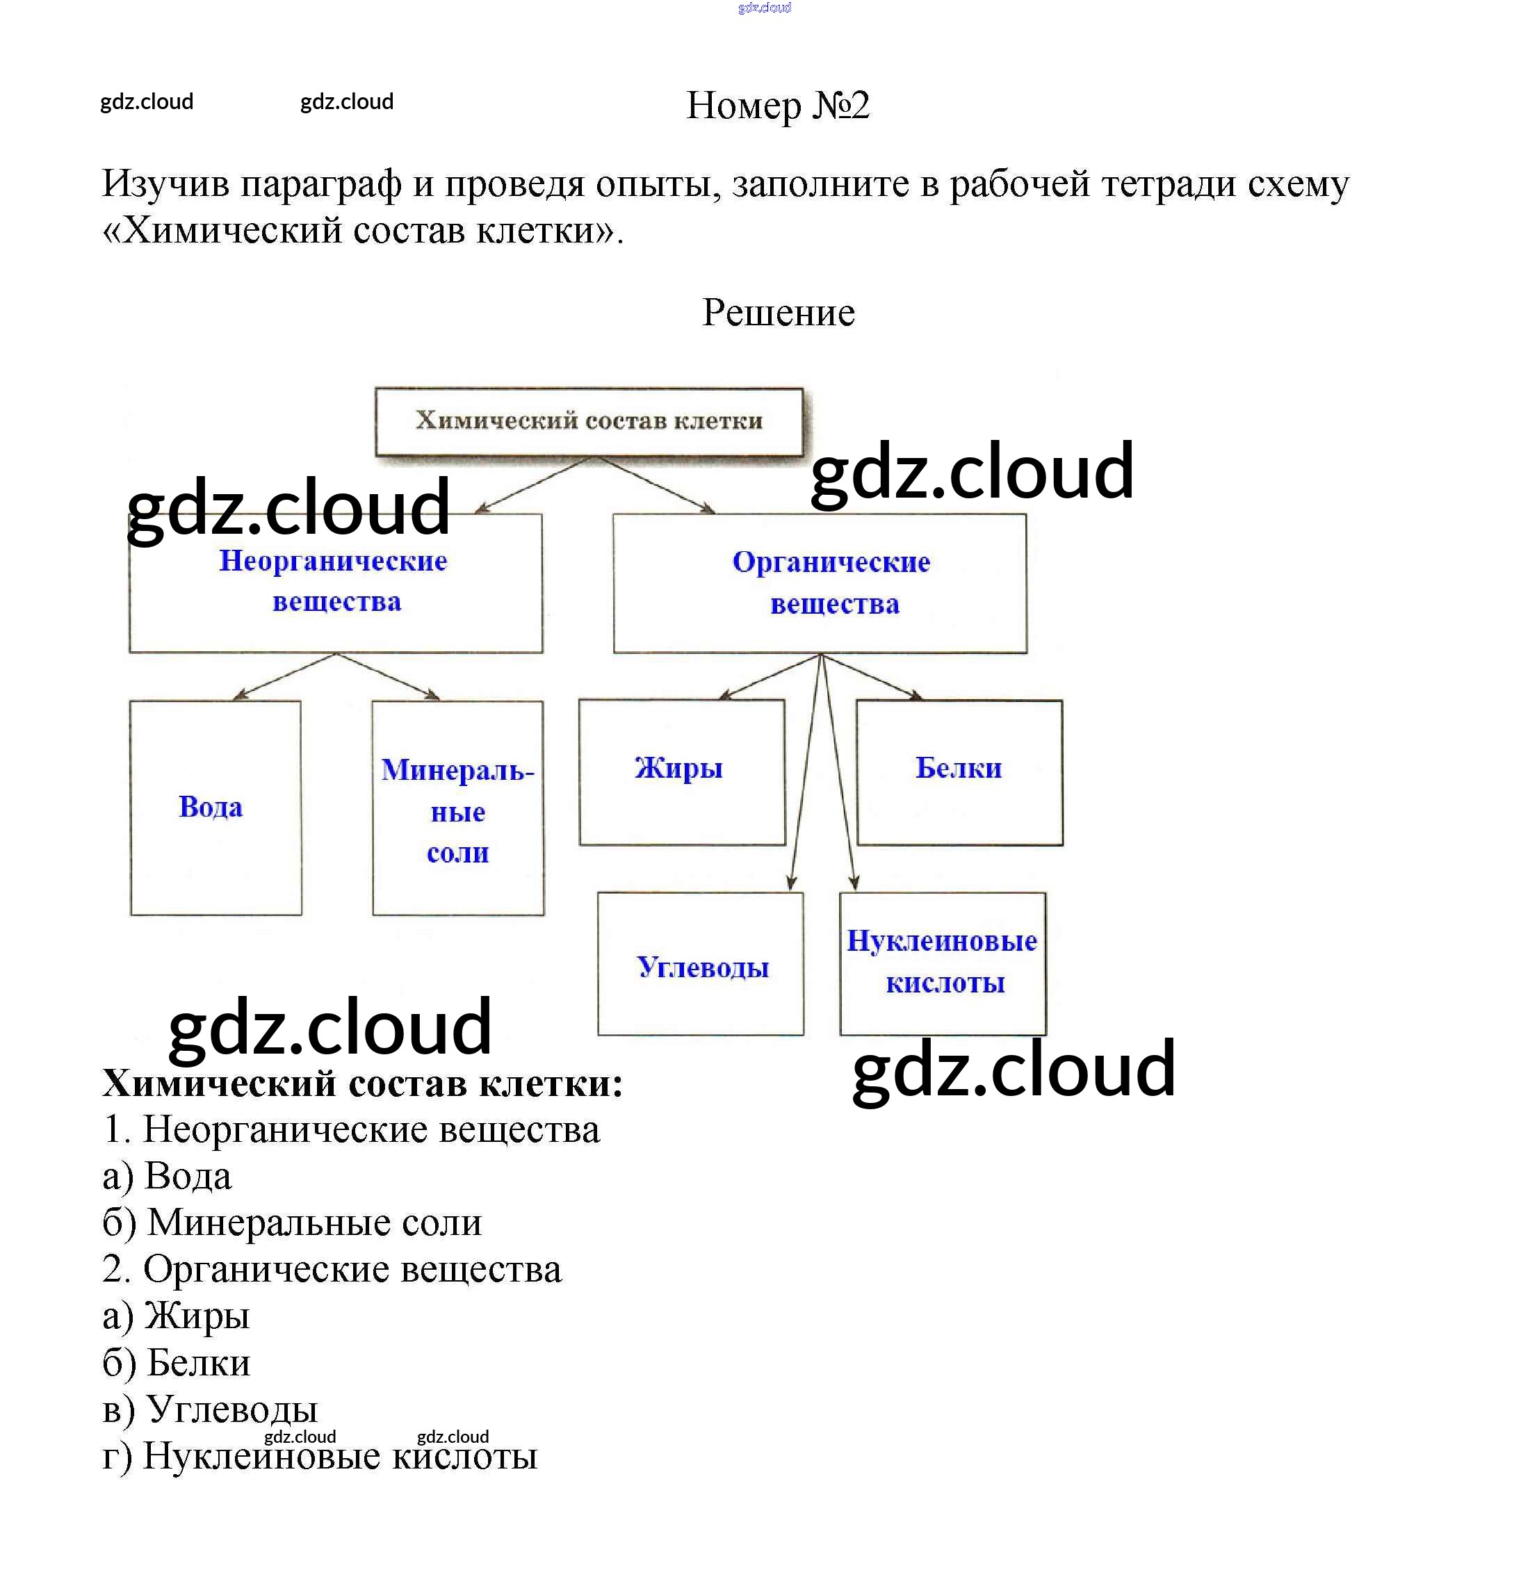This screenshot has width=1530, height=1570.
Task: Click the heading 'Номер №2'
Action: pos(777,105)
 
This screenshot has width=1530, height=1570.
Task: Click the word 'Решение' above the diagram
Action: pos(778,313)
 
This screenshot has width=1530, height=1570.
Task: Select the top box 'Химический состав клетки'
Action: pos(588,421)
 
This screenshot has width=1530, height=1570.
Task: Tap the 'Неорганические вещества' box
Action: pos(335,582)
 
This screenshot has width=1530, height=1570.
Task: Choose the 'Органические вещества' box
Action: pos(820,583)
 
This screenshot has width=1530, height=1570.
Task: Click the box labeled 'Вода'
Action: pos(215,807)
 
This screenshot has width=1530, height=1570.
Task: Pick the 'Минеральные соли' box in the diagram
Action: pos(457,808)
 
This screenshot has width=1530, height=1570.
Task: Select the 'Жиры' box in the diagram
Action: pos(681,771)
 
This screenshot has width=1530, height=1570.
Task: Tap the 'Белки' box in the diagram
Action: pos(959,771)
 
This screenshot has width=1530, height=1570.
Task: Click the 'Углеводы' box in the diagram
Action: pos(700,964)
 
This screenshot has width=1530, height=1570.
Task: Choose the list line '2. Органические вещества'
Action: pos(332,1270)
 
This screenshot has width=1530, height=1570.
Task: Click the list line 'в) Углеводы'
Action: pos(210,1409)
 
